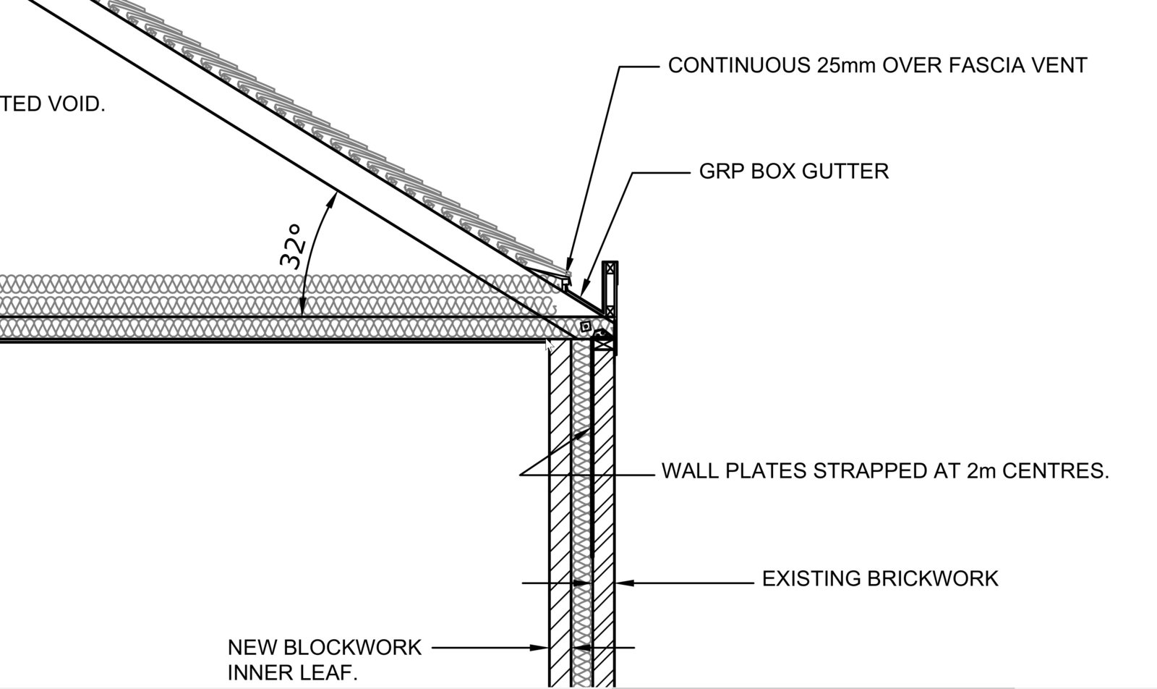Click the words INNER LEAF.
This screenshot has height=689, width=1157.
293,673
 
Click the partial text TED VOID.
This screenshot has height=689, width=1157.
53,104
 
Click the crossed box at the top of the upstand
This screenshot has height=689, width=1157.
611,268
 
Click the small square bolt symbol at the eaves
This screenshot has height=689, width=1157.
586,326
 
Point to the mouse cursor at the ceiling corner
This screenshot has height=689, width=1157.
549,344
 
